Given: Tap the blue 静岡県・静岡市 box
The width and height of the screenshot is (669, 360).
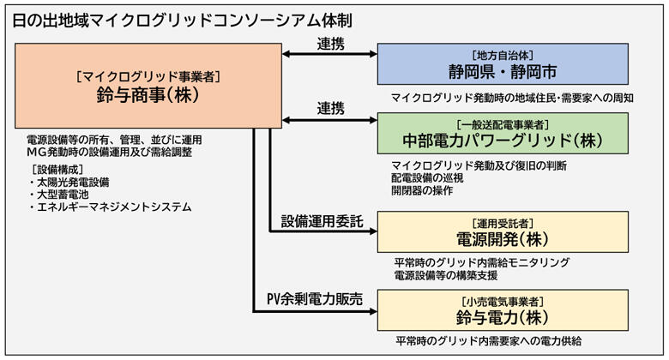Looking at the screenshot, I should pyautogui.click(x=503, y=64).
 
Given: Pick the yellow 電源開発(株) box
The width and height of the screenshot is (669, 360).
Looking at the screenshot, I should pyautogui.click(x=503, y=231).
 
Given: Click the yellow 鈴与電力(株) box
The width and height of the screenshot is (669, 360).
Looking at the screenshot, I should pyautogui.click(x=503, y=309).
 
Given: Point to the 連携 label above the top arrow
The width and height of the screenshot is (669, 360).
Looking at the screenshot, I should pyautogui.click(x=330, y=41).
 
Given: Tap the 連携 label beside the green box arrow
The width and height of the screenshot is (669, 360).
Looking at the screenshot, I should pyautogui.click(x=330, y=108).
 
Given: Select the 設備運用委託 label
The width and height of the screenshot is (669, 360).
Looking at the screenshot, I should pyautogui.click(x=322, y=222).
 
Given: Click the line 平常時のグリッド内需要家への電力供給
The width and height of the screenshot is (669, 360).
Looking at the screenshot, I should pyautogui.click(x=488, y=340).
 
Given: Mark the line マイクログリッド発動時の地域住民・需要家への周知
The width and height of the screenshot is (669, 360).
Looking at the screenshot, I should pyautogui.click(x=512, y=97).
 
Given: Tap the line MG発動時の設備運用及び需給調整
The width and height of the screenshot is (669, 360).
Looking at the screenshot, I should pyautogui.click(x=110, y=152).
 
